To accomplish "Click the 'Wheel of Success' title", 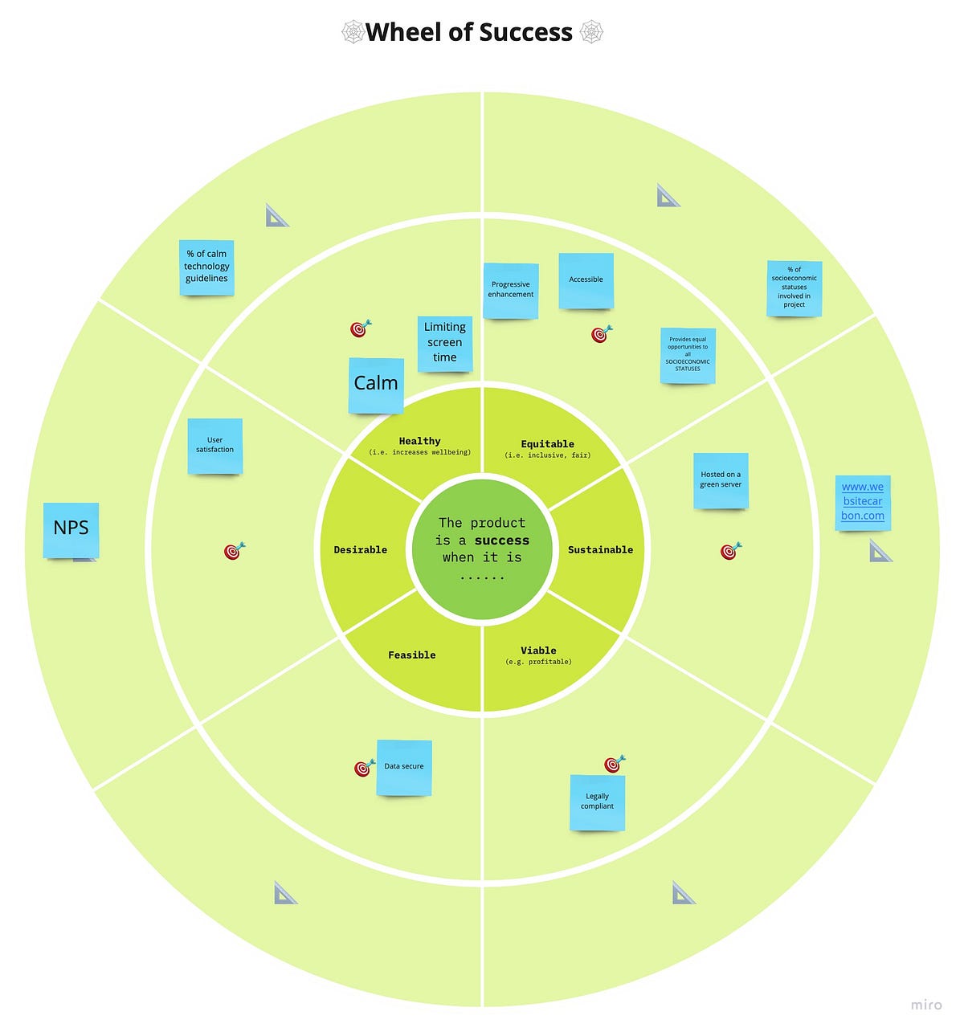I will (x=469, y=32).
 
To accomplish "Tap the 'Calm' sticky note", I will (x=376, y=385).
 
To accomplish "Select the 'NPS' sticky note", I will (x=71, y=529).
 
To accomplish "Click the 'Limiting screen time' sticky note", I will (x=445, y=343).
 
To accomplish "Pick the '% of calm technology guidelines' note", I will (x=206, y=267).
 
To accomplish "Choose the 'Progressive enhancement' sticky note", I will (x=511, y=290).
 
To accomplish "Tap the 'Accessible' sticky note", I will (x=586, y=280).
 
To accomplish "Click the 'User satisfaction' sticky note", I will (x=215, y=446).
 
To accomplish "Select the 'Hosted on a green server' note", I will (x=721, y=480).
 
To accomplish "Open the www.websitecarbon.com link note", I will (x=863, y=502).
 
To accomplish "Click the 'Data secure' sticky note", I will (x=404, y=767).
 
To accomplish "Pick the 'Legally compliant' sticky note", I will (x=597, y=802).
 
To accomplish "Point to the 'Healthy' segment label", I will (x=419, y=441).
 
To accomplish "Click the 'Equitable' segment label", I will (x=547, y=444).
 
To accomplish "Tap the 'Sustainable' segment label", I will (x=600, y=550).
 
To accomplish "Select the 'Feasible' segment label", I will (x=411, y=655).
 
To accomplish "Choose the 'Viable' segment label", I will (x=538, y=651).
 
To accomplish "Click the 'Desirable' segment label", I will (x=360, y=550).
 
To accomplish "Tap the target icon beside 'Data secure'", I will (x=365, y=768).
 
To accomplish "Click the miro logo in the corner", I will (x=926, y=1005).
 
